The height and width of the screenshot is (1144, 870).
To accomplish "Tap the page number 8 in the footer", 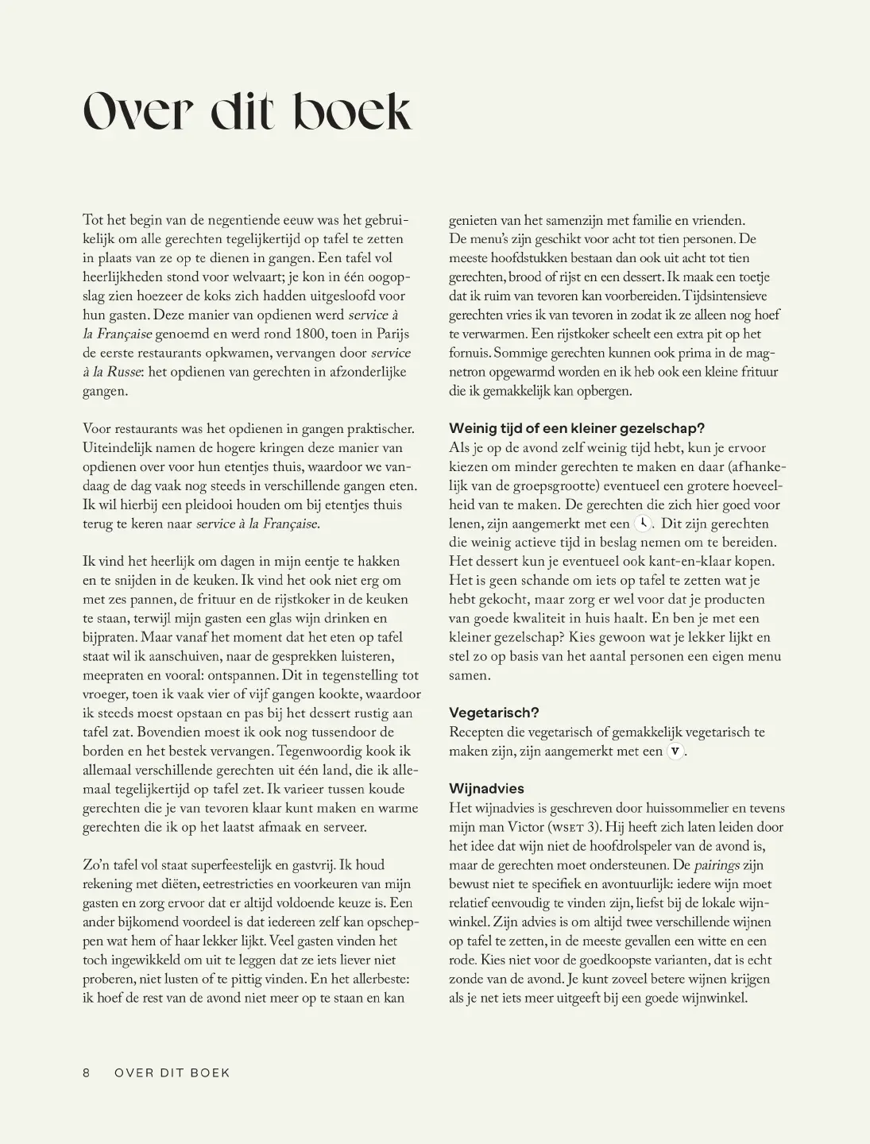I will [87, 1072].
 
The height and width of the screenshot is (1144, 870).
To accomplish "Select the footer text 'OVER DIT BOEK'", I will [172, 1072].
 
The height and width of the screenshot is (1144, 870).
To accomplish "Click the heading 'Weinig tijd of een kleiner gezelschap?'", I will [577, 428].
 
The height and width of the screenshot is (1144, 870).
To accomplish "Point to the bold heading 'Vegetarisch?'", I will [493, 713].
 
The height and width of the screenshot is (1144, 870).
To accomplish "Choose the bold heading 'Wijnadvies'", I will [486, 789].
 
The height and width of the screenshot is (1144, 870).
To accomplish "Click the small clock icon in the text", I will [643, 524].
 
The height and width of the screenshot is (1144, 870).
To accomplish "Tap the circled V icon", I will [675, 752].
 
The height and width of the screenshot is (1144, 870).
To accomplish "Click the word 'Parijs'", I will [391, 334].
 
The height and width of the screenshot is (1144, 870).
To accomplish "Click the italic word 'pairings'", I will [717, 865].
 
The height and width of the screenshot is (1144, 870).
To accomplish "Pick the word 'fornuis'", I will [469, 353].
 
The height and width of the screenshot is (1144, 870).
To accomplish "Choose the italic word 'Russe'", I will [124, 372].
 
